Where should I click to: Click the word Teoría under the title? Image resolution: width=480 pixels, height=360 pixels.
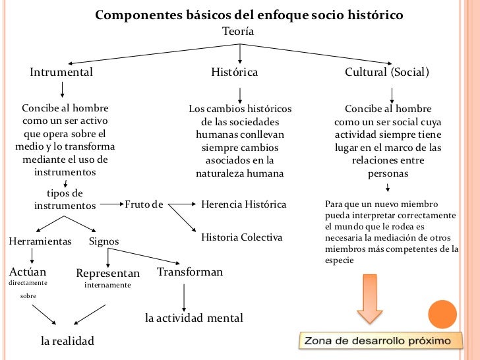[x=238, y=31]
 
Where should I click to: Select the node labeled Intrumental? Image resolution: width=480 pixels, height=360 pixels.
[x=61, y=72]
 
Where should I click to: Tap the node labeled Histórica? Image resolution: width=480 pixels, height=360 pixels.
[x=234, y=72]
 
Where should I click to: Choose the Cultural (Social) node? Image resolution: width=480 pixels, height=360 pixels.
[x=387, y=72]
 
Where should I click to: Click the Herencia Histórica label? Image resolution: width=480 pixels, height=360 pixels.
[x=244, y=204]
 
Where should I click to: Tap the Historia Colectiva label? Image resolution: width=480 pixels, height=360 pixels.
[x=242, y=237]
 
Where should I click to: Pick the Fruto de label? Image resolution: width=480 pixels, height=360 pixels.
[x=144, y=204]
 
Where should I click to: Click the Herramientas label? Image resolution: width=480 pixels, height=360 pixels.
[x=40, y=241]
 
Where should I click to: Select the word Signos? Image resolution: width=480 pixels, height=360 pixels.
[x=104, y=241]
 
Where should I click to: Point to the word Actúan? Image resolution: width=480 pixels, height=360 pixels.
[x=28, y=271]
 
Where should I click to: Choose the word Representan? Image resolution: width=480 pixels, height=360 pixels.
[x=108, y=273]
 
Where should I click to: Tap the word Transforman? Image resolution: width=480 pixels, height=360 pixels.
[x=190, y=272]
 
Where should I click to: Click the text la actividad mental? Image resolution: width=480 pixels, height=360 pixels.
[x=194, y=318]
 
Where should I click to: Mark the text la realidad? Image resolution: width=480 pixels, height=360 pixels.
[x=67, y=341]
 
